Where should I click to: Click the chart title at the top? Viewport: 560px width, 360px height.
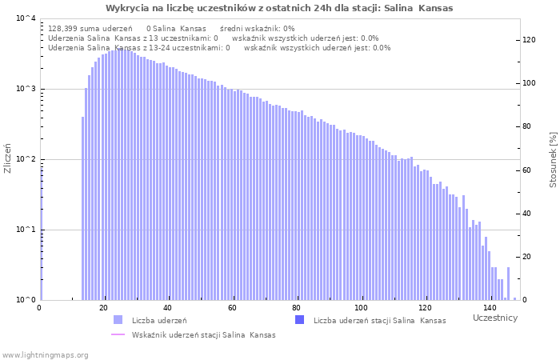coord(279,8)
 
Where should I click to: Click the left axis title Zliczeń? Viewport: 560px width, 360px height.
coord(8,160)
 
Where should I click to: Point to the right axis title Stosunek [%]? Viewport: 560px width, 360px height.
coord(553,160)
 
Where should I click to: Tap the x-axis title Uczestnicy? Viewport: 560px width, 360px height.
coord(494,318)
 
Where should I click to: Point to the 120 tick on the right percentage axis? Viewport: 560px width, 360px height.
coord(529,40)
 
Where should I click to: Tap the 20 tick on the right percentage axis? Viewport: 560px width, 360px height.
coord(529,257)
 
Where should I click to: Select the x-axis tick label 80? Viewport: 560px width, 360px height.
coord(297,308)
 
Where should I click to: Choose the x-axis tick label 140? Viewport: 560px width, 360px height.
coord(490,308)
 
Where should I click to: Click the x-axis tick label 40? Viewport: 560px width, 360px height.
coord(168,308)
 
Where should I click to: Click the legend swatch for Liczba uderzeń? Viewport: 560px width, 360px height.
coord(118,320)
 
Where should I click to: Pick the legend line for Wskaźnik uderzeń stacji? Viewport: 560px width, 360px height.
coord(118,334)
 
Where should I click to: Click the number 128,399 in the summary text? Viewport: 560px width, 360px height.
coord(66,28)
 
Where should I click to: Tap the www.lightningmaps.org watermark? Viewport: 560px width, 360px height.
coord(46,354)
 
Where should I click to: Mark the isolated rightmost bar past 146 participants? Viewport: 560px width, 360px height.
coord(514,298)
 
